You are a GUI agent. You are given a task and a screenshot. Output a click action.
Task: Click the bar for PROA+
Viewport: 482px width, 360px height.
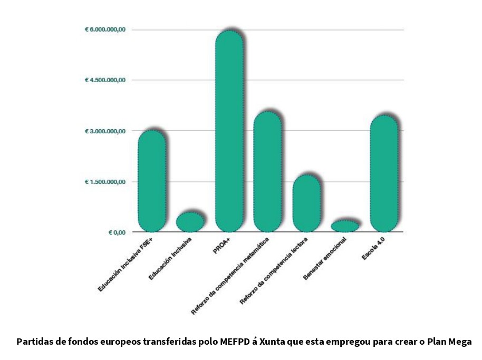pyautogui.click(x=229, y=132)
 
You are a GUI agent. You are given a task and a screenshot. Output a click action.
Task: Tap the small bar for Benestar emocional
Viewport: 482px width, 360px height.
pyautogui.click(x=345, y=226)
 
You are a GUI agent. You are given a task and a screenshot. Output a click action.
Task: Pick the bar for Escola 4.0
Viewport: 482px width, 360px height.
pyautogui.click(x=384, y=174)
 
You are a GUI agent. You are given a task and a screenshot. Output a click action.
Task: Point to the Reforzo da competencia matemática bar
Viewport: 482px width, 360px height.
pyautogui.click(x=268, y=172)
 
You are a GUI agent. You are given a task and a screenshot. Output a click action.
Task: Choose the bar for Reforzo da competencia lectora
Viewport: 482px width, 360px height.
pyautogui.click(x=306, y=203)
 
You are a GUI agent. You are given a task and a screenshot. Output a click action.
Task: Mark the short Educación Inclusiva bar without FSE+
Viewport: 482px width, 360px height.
pyautogui.click(x=190, y=222)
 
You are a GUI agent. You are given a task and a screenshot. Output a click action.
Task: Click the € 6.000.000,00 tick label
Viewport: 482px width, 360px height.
pyautogui.click(x=105, y=30)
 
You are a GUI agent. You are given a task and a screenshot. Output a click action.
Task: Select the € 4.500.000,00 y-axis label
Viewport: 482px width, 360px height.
pyautogui.click(x=105, y=80)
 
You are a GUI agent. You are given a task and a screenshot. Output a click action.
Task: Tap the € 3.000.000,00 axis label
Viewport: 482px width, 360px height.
pyautogui.click(x=105, y=131)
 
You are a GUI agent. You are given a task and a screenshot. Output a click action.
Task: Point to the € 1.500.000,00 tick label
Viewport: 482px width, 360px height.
pyautogui.click(x=105, y=182)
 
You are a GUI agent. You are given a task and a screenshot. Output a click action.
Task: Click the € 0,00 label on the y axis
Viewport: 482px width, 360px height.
pyautogui.click(x=117, y=232)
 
